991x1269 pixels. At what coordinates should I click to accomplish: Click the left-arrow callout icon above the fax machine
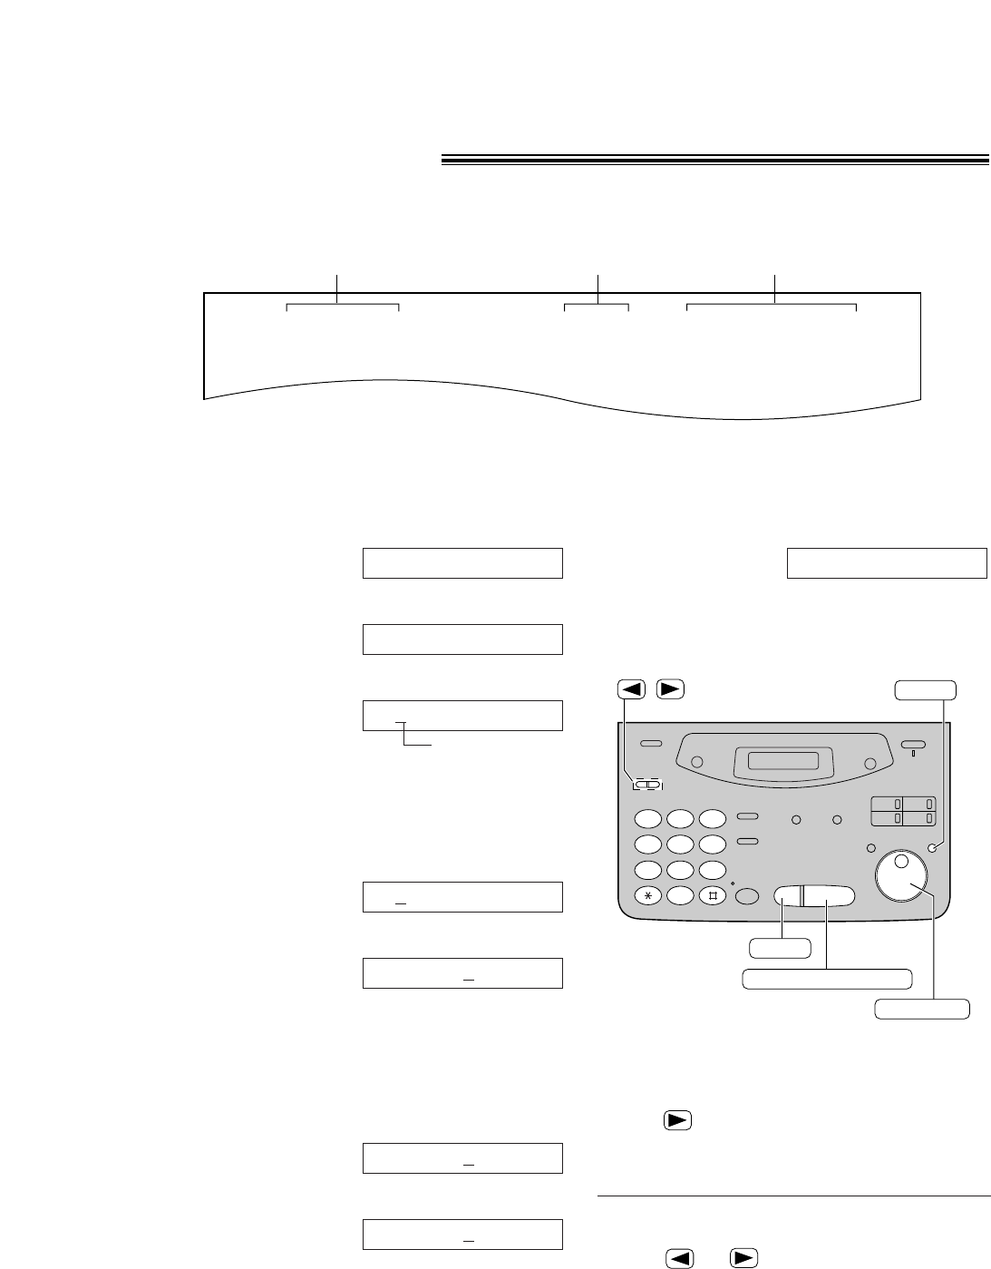tap(632, 688)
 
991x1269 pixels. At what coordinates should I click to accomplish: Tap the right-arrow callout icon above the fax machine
tap(669, 688)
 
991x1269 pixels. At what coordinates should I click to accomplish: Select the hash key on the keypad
tap(713, 895)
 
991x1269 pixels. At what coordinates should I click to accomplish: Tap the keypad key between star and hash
tap(680, 895)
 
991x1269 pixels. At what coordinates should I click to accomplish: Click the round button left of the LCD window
tap(697, 763)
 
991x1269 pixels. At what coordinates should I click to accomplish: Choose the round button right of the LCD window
tap(870, 764)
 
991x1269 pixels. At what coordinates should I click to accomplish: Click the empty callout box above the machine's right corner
tap(925, 689)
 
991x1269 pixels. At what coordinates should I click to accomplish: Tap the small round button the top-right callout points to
tap(932, 848)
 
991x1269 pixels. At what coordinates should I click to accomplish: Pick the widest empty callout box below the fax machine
tap(827, 979)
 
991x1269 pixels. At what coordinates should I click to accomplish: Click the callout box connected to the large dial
tap(922, 1008)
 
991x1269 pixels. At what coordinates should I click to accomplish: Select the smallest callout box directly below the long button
tap(780, 948)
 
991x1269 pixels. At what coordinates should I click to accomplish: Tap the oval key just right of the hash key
tap(747, 896)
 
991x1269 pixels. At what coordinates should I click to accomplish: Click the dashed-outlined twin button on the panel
tap(647, 785)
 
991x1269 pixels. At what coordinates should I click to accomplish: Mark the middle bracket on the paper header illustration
tap(597, 307)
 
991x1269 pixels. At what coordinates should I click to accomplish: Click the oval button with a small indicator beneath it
tap(913, 745)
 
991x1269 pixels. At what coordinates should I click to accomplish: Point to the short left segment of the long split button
tap(786, 895)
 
